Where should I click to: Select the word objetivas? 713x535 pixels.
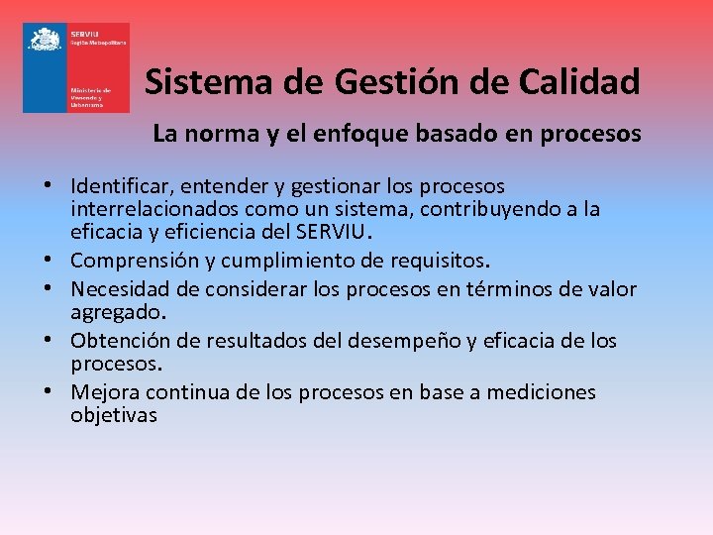click(114, 416)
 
